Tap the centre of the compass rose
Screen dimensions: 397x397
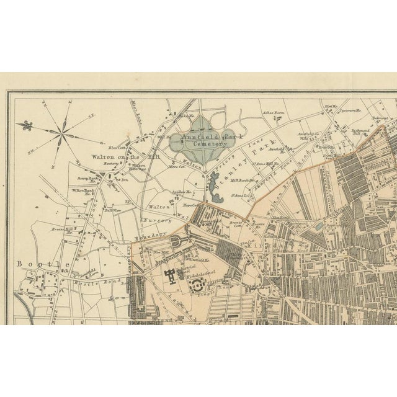63,130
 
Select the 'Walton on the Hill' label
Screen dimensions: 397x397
114,158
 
